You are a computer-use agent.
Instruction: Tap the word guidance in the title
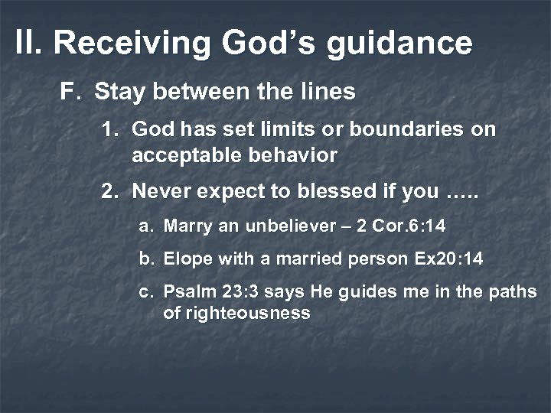coord(399,44)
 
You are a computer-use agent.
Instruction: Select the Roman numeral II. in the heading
coord(31,44)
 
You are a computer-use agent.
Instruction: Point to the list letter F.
coord(69,93)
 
